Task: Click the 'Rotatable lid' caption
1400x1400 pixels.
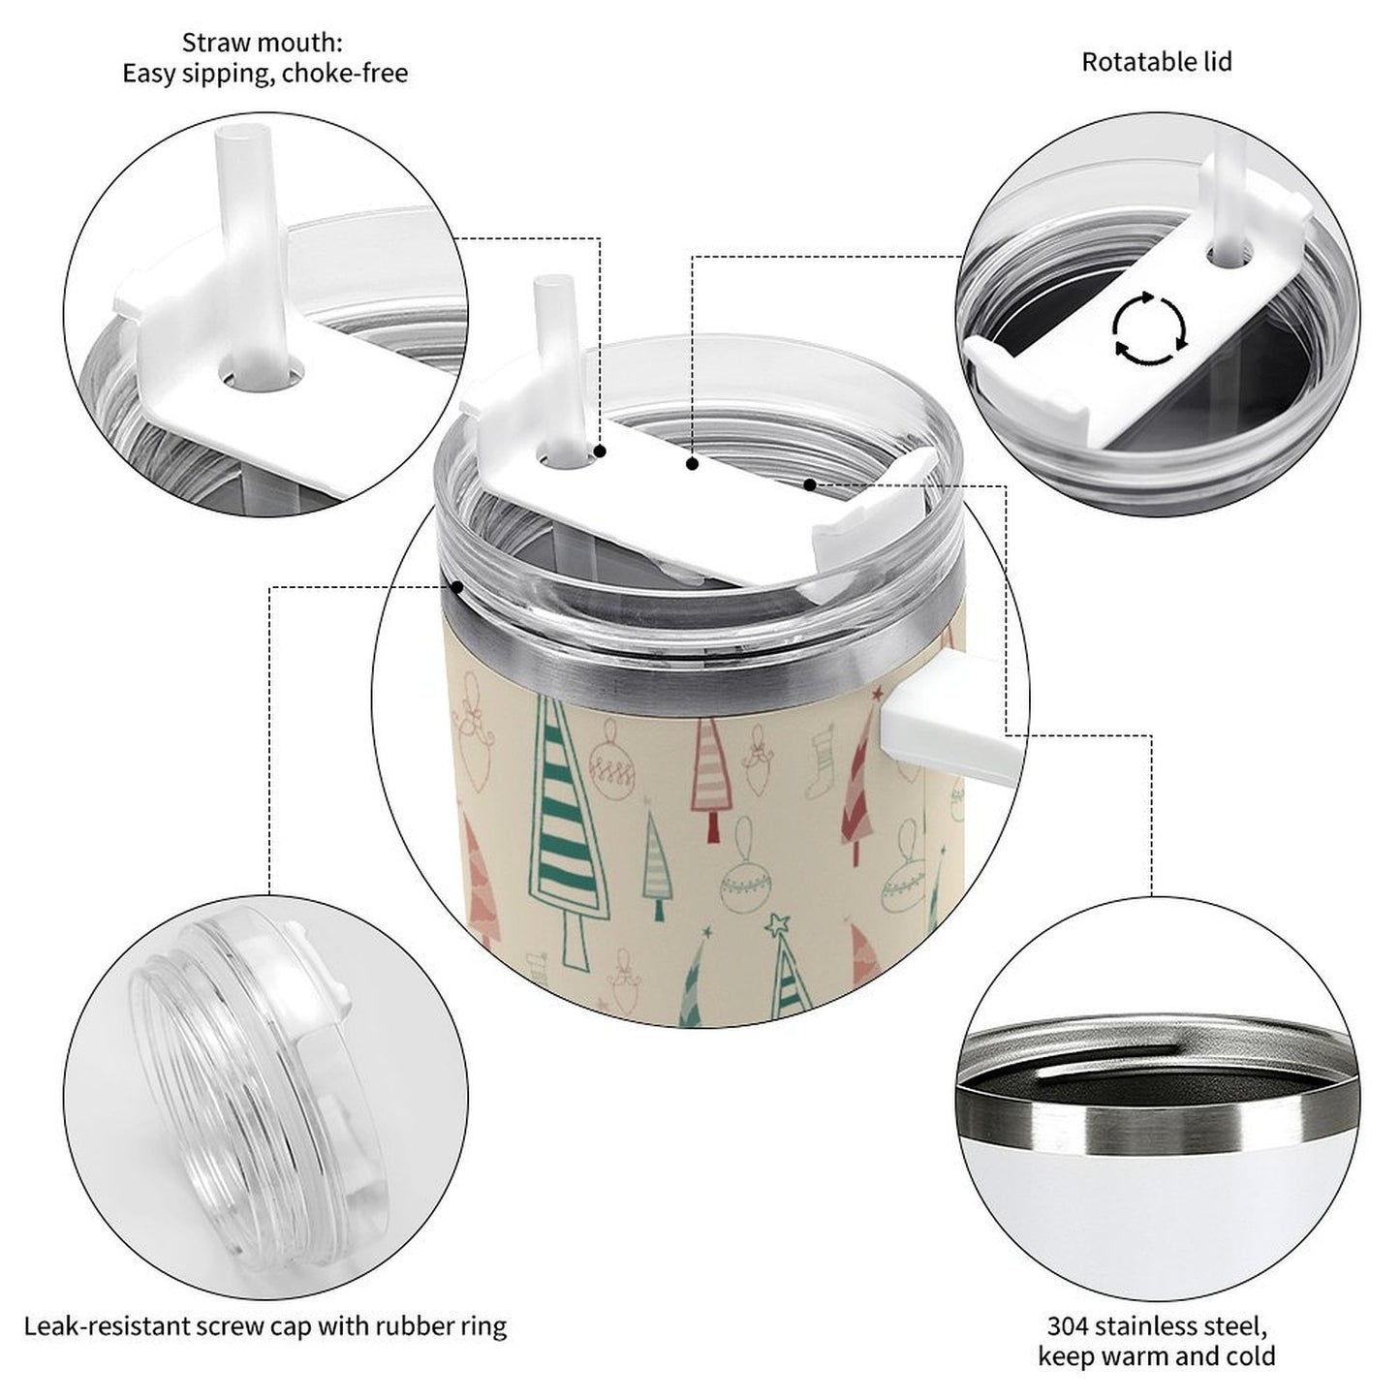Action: click(x=1156, y=62)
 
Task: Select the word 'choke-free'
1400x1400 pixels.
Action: click(x=346, y=74)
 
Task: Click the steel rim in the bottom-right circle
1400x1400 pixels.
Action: click(x=1153, y=1124)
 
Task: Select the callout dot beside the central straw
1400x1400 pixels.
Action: click(x=601, y=451)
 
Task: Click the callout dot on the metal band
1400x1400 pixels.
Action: click(x=455, y=586)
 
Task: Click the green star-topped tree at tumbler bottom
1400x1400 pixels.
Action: click(x=787, y=968)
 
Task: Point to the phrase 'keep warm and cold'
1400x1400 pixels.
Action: click(x=1156, y=1356)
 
